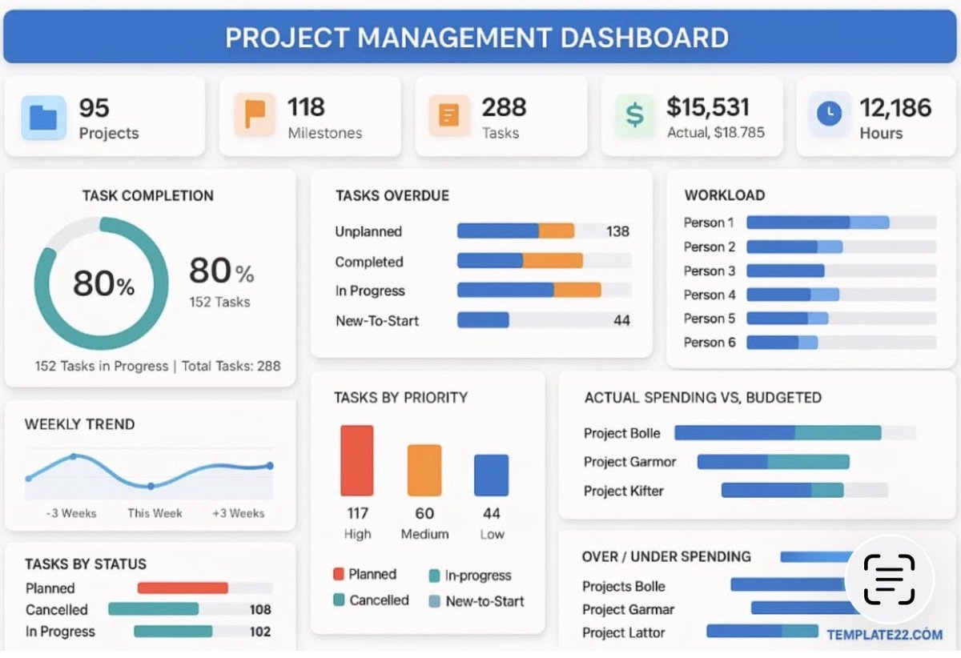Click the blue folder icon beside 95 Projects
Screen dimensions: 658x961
[42, 117]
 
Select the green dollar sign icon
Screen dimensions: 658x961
[634, 115]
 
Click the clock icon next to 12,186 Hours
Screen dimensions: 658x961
[829, 114]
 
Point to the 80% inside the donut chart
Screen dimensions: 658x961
[103, 283]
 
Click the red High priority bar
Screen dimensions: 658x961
[357, 460]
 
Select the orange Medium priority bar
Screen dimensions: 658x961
[424, 470]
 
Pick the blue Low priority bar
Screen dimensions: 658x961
[491, 475]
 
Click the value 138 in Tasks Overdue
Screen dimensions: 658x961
[617, 231]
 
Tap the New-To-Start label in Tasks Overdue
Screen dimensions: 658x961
[376, 321]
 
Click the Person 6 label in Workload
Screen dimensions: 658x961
[709, 343]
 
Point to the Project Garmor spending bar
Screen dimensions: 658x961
[773, 462]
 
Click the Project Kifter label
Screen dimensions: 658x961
[623, 491]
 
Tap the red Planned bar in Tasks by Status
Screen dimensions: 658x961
[183, 588]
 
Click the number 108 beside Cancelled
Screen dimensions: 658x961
[260, 610]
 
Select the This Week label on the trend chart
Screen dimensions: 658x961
[155, 513]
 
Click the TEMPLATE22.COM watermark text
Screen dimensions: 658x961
[884, 635]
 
